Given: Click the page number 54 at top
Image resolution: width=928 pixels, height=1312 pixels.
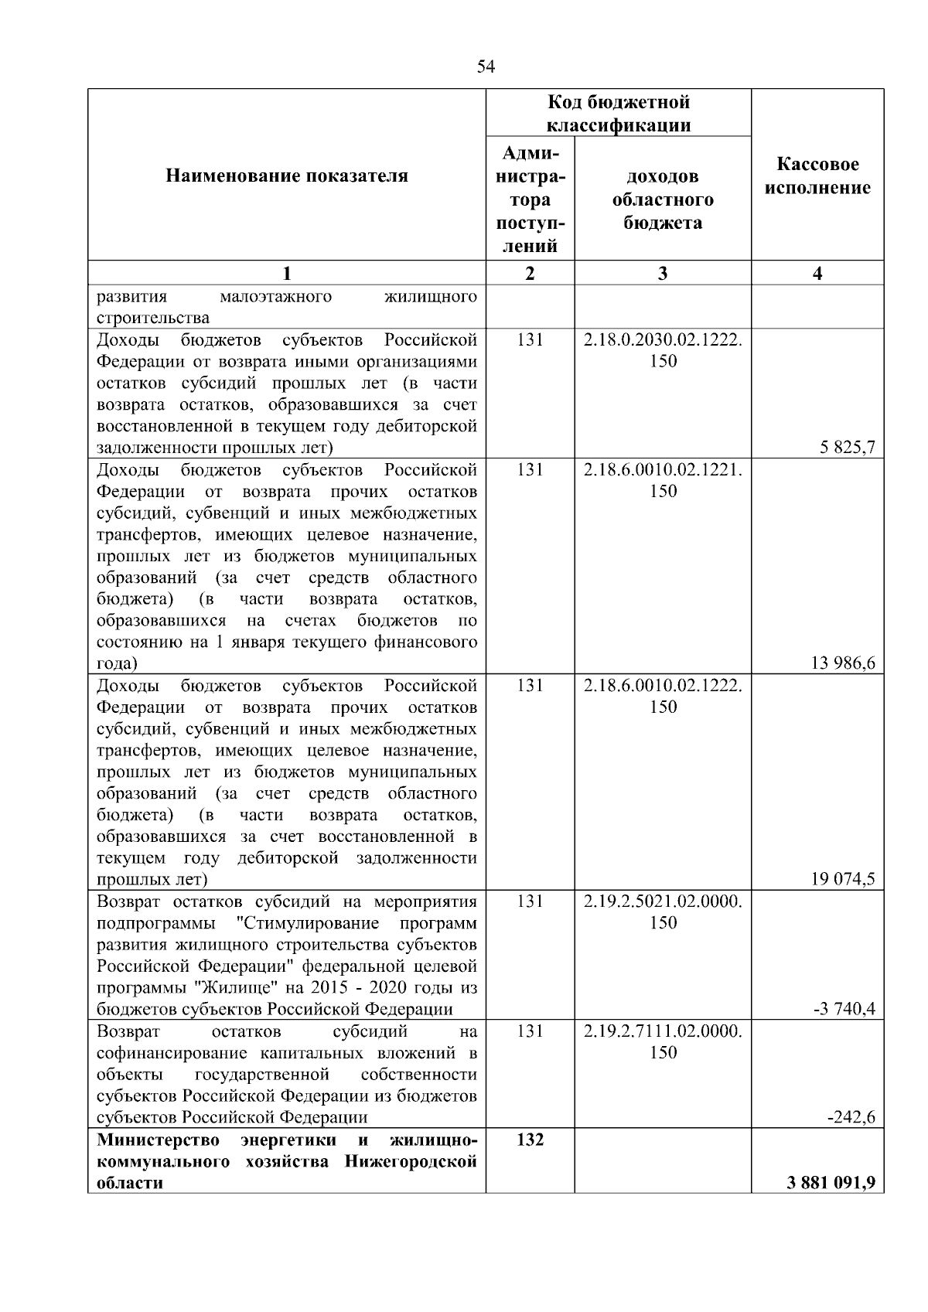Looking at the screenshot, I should click(486, 66).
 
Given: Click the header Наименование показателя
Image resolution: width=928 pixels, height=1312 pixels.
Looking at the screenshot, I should click(287, 176).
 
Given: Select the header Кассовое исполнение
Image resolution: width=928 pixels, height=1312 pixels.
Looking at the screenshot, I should click(817, 176).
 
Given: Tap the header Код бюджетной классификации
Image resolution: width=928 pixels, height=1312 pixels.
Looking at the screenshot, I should click(619, 114).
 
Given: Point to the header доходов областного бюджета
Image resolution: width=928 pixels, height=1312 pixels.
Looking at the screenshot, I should click(663, 199).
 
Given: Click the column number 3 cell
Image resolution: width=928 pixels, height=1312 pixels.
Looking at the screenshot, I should click(663, 273).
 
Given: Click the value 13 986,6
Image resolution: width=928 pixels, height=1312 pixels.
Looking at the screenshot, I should click(844, 663).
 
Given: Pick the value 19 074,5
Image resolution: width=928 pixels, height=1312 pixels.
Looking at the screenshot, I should click(844, 879).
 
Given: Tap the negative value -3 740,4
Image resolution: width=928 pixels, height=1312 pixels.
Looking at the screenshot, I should click(845, 1009).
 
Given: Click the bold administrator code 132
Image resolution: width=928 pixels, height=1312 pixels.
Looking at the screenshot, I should click(530, 1140).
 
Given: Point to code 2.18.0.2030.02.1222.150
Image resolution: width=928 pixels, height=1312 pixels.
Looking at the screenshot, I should click(663, 350).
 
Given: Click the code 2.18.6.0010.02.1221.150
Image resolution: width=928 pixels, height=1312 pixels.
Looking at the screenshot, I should click(663, 480).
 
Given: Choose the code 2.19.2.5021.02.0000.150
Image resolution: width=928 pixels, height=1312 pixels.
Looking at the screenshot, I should click(663, 912).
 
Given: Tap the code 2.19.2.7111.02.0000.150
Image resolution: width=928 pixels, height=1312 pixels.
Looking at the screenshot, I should click(663, 1041).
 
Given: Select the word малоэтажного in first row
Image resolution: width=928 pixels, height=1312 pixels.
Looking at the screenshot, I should click(276, 297).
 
